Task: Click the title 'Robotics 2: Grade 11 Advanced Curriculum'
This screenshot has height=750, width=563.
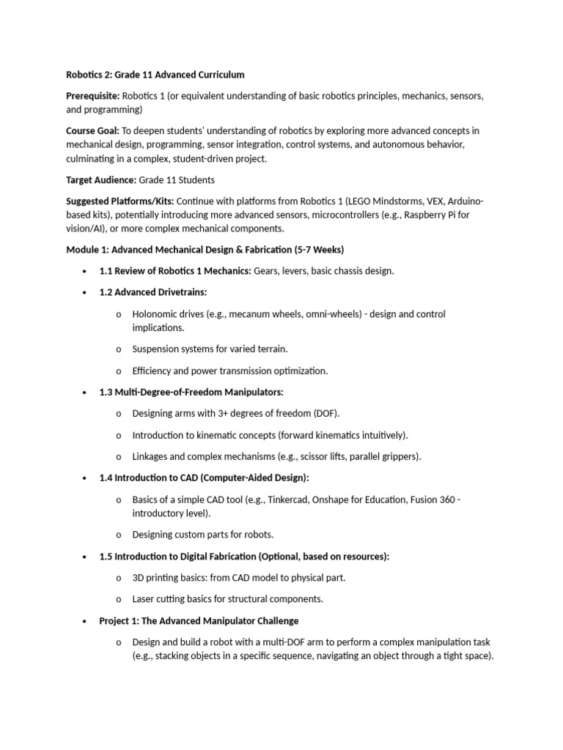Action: [x=155, y=75]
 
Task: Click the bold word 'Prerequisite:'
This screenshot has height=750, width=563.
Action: [x=92, y=96]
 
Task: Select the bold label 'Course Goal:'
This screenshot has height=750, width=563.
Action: [x=93, y=130]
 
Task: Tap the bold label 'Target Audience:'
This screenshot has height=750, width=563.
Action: [x=101, y=179]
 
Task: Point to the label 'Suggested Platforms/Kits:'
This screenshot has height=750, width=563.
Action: [x=120, y=201]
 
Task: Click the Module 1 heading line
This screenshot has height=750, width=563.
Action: [x=205, y=250]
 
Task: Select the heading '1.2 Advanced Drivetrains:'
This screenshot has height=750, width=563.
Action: [x=152, y=292]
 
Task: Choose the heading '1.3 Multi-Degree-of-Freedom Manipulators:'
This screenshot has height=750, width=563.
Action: [x=191, y=392]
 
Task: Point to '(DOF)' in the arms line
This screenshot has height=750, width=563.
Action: [x=327, y=413]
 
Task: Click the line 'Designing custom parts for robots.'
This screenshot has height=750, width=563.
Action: [x=202, y=535]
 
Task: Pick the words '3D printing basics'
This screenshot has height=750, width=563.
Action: [x=169, y=577]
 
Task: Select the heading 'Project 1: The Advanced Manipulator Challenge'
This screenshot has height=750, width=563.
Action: [x=198, y=620]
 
